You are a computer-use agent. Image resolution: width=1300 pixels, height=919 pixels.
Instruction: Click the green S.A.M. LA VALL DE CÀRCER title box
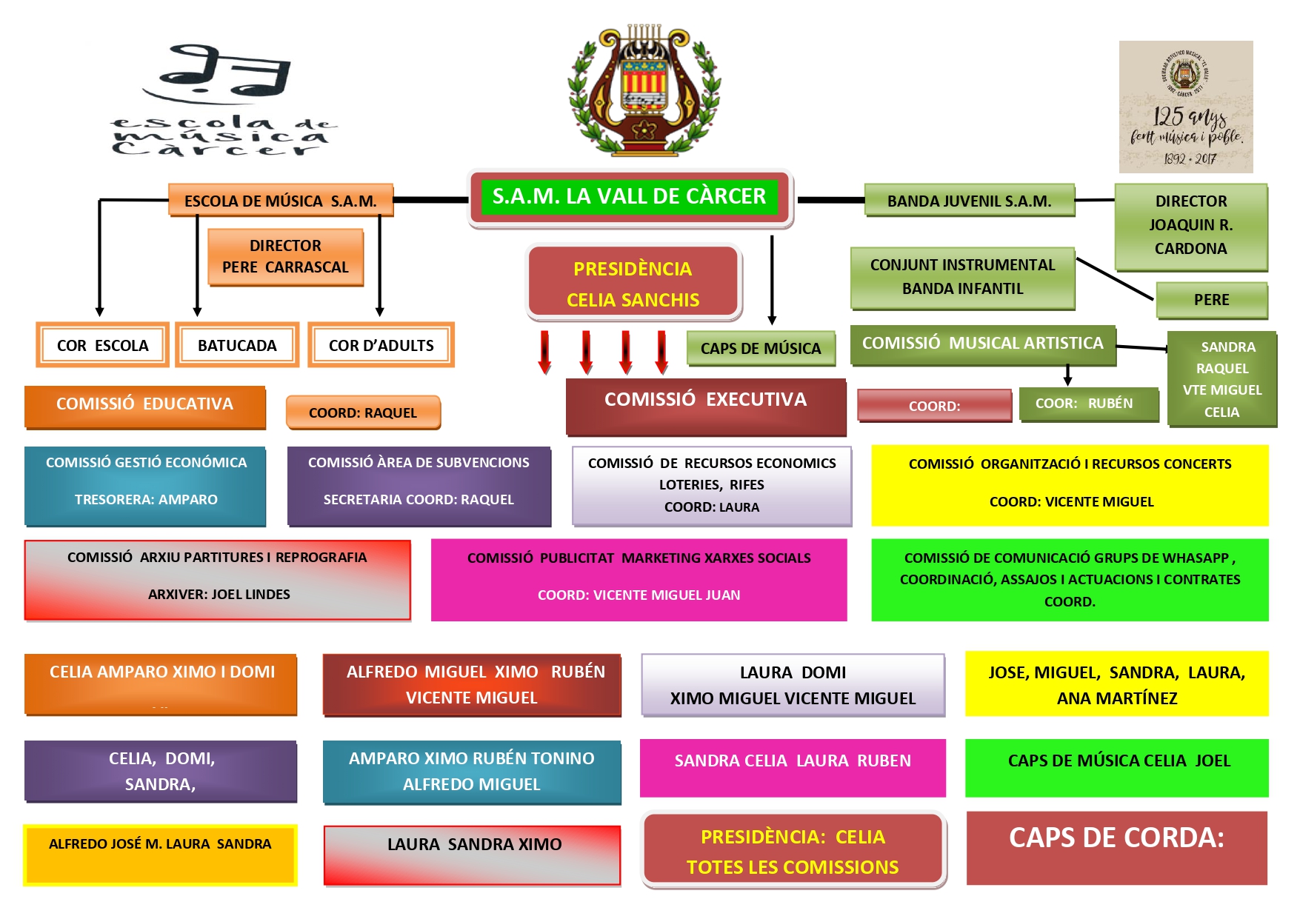coord(630,197)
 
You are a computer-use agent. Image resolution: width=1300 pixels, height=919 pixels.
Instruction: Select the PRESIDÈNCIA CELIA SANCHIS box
coord(633,283)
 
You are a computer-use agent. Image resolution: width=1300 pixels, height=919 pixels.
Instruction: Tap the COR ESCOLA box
coord(103,345)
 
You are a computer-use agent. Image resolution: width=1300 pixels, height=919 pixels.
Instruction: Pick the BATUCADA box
coord(237,345)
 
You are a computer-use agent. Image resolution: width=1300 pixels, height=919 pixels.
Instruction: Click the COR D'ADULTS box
coord(381,345)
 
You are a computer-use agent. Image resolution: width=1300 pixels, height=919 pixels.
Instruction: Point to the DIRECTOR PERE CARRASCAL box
coord(285,256)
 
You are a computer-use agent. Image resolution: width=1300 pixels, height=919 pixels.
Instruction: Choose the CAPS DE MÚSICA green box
coord(761,348)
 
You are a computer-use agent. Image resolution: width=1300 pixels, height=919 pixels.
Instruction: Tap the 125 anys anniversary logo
coord(1186,107)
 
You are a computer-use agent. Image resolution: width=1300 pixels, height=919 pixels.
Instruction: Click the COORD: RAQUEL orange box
coord(363,412)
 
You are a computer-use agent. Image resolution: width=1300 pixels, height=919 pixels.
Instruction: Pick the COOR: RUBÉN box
coord(1089,404)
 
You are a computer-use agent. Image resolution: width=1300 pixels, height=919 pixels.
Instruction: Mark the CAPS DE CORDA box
coord(1117,848)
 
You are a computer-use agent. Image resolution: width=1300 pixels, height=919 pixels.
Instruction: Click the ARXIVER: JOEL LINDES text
coord(219,594)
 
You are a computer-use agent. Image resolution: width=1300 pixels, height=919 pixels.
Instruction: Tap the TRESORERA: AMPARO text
coord(146,499)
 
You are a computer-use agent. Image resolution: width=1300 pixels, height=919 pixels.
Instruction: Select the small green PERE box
coord(1212,300)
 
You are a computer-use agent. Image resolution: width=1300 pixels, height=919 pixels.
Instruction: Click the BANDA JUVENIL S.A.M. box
coord(970,201)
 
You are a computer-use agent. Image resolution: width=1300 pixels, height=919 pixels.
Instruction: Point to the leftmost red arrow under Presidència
coord(545,352)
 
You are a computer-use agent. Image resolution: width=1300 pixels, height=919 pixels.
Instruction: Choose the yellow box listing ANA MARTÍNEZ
coord(1117,684)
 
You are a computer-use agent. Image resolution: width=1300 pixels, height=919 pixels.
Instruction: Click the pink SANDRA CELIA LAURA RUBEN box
coord(793,768)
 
